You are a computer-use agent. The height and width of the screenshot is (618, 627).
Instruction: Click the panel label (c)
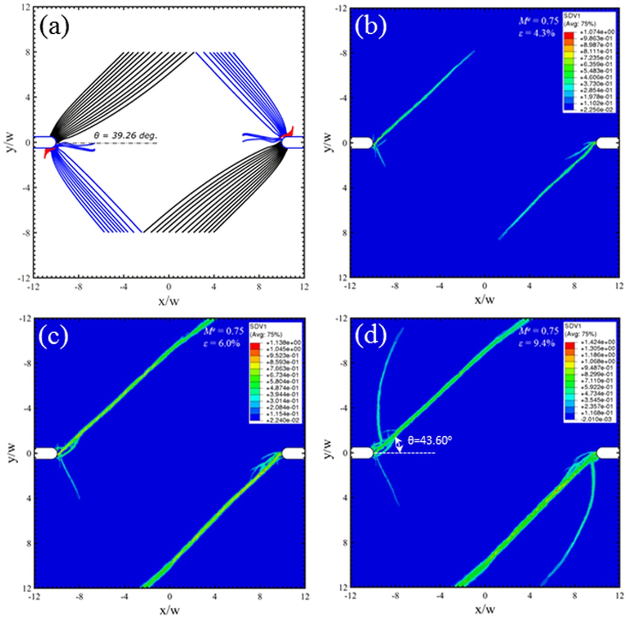click(x=53, y=337)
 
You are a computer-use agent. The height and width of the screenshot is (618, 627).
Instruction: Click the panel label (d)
click(x=371, y=337)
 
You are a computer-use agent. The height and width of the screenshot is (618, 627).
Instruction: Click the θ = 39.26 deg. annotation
click(x=125, y=135)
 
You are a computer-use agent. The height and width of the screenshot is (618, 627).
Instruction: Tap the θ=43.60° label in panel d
click(x=429, y=440)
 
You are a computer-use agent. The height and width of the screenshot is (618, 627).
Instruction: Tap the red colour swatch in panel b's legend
click(x=569, y=34)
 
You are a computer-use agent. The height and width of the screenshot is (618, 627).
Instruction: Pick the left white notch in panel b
click(x=361, y=143)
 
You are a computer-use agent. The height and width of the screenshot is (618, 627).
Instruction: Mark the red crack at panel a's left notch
click(x=47, y=153)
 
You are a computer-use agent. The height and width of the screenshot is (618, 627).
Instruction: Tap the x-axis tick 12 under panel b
click(x=619, y=286)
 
